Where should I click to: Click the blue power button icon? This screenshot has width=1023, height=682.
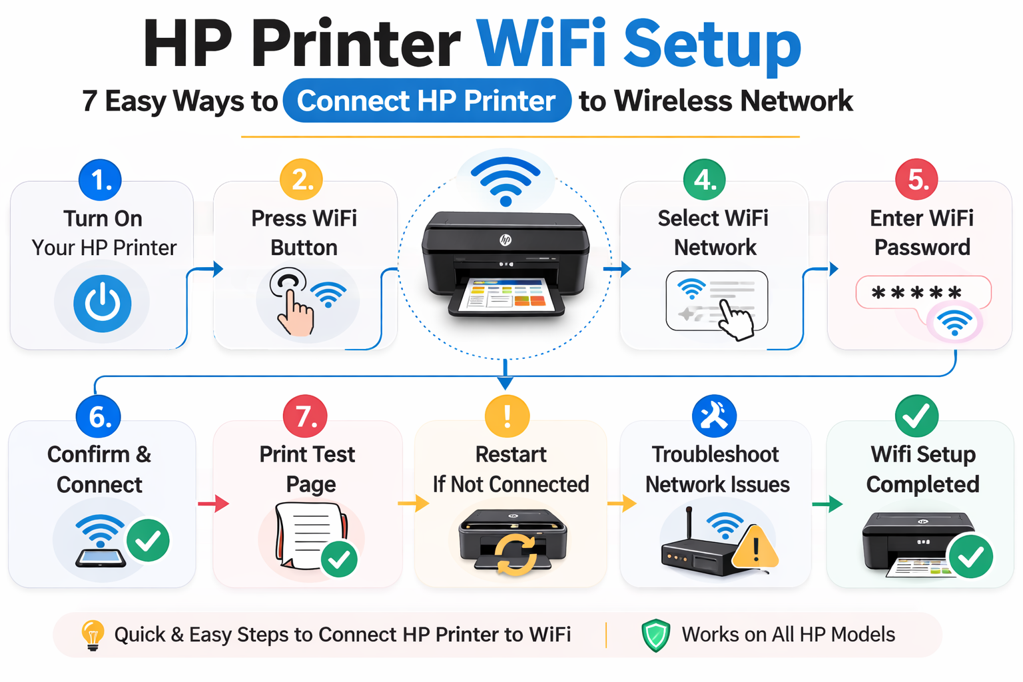[102, 304]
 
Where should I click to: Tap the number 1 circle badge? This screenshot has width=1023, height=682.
[100, 180]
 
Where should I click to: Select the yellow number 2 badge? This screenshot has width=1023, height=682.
[301, 180]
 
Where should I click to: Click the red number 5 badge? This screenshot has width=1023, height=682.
[916, 180]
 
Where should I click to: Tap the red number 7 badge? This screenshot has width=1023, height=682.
[305, 416]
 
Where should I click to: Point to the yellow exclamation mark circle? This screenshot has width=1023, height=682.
[507, 416]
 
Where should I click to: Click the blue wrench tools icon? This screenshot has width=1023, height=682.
[714, 416]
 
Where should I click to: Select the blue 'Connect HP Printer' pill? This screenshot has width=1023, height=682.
[426, 101]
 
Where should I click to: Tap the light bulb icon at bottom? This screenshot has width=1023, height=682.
[93, 635]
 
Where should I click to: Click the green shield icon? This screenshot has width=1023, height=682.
[655, 635]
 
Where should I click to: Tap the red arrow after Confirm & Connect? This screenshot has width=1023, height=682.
[213, 504]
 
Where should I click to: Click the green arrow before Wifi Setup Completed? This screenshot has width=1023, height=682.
[827, 504]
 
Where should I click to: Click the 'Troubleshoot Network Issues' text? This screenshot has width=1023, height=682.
[717, 469]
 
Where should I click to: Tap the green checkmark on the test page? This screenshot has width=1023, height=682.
[339, 559]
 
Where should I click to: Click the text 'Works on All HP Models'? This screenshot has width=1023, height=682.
[788, 635]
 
